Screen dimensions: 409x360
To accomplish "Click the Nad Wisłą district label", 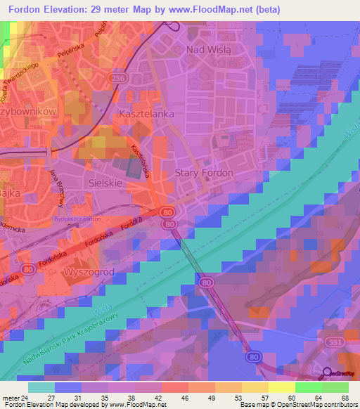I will point(213,50).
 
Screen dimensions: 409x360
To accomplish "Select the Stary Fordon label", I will point(204,173).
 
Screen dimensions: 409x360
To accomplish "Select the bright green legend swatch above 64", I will point(309,387).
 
